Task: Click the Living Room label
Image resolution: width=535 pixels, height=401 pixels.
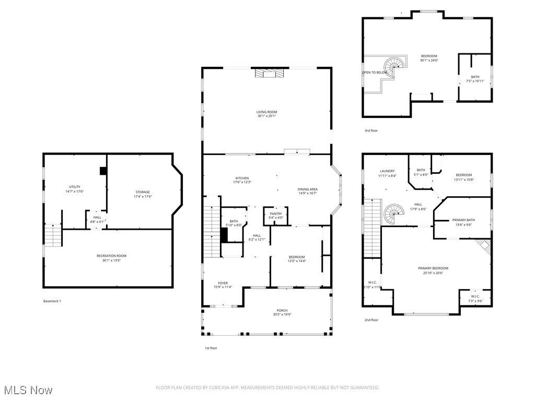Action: pos(266,112)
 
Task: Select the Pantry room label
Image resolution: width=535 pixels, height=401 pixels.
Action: pos(276,214)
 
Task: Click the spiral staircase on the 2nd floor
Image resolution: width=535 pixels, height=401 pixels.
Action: pos(394,214)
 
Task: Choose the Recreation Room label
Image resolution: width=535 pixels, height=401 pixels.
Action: pos(111,255)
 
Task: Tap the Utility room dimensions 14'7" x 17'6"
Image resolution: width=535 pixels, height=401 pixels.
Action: pos(75,192)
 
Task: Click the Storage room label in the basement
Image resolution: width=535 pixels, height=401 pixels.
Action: pos(143,192)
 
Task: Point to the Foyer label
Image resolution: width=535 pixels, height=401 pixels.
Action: pos(223,283)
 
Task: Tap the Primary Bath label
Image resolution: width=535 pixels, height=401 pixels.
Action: pos(463,220)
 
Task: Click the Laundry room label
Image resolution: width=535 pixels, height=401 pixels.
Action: pos(387,171)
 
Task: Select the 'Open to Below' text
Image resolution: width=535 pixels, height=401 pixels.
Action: pos(375,73)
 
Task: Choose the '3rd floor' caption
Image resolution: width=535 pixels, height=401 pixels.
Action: pos(371,131)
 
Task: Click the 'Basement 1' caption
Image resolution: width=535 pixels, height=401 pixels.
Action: pos(52,301)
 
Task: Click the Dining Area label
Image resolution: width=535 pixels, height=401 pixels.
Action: pos(307,189)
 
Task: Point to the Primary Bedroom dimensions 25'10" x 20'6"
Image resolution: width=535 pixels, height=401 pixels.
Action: pos(433,273)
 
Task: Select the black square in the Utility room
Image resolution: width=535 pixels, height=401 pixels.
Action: pos(103,171)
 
